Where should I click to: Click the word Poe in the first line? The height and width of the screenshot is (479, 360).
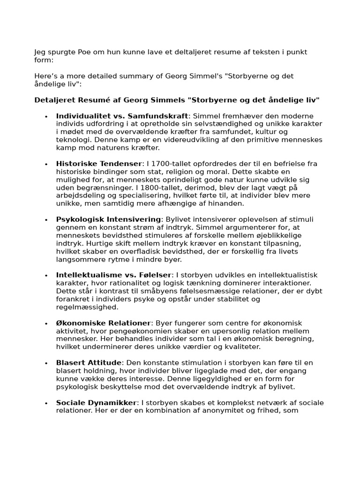coord(82,52)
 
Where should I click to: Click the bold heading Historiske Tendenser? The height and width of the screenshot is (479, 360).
coord(98,164)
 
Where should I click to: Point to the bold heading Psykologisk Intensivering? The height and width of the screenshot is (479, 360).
coord(108,219)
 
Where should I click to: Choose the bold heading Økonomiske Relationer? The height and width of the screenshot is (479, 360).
coord(103,323)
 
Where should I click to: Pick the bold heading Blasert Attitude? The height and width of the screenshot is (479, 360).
coord(89,363)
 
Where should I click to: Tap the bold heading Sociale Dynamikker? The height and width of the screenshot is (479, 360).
coord(96,403)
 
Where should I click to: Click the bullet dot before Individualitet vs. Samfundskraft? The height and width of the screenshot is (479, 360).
coord(46,116)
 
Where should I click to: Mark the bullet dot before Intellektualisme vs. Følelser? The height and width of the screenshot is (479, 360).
coord(46,276)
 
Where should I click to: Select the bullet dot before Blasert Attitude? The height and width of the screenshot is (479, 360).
coord(46,363)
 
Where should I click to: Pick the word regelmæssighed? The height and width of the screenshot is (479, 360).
coord(87,307)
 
